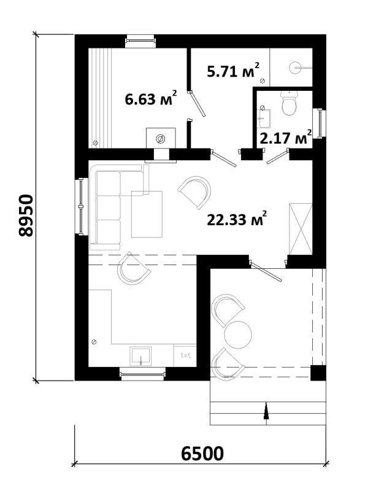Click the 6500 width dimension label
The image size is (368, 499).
(202, 454)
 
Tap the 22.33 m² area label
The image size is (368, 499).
(237, 219)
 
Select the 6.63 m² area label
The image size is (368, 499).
(151, 98)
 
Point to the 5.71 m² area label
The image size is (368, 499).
(233, 70)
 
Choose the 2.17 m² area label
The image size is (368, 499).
(286, 137)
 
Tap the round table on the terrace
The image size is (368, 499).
(238, 335)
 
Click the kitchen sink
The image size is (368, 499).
(140, 357)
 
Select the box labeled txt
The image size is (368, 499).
(185, 355)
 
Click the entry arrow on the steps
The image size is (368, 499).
(266, 413)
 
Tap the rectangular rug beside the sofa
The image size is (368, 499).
(147, 214)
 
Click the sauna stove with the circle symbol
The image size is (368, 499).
(161, 138)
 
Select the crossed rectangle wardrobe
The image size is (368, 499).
(301, 229)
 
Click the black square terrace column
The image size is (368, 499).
(318, 373)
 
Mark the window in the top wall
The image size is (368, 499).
(140, 41)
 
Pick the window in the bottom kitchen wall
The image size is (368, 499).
(142, 374)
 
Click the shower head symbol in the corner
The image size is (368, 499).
(295, 68)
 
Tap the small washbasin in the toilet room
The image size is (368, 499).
(264, 118)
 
